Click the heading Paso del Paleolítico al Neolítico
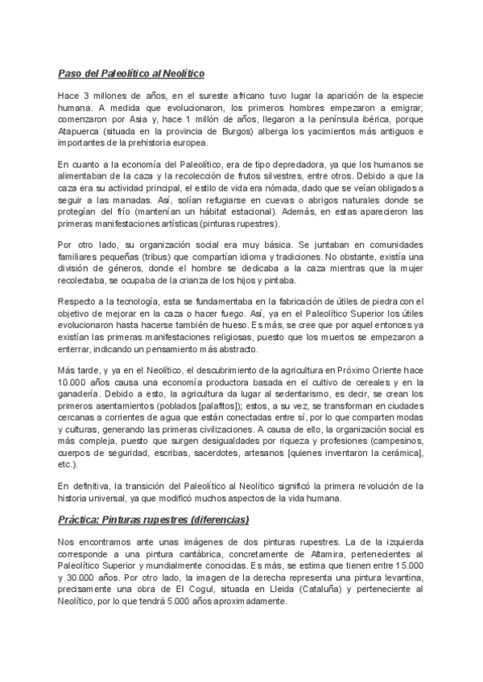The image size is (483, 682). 131,74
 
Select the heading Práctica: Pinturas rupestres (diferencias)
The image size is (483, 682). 154,519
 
